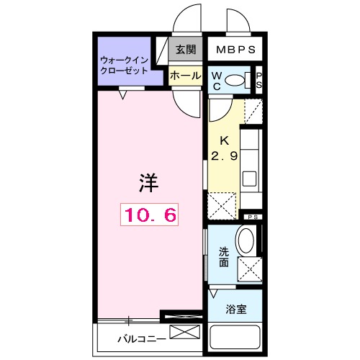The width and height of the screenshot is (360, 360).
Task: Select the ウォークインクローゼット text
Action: (x=124, y=66)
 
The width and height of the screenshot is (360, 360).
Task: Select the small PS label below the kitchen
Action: (x=252, y=217)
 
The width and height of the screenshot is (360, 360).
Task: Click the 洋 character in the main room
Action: (x=148, y=183)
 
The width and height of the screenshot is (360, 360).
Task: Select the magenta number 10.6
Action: (x=148, y=213)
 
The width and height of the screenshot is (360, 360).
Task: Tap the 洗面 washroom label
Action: (x=223, y=257)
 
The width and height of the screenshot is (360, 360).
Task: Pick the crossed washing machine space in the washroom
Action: (x=248, y=271)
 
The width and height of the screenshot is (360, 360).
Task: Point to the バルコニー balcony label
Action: (x=141, y=337)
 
